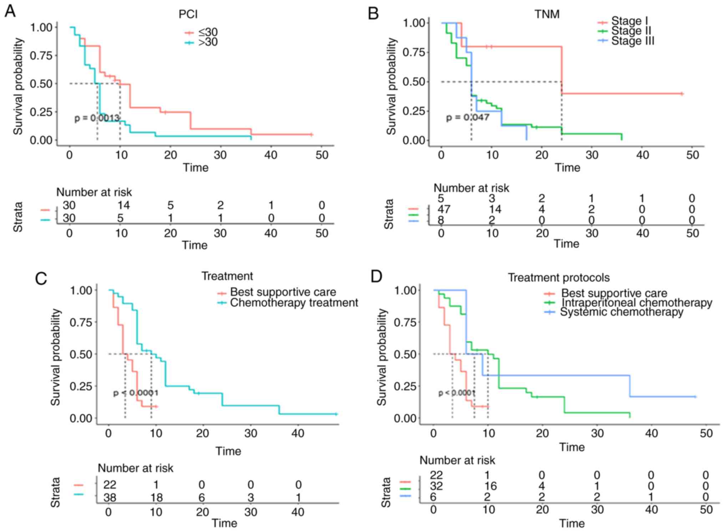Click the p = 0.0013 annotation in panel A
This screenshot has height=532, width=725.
97,118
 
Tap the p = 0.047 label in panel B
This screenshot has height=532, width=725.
467,117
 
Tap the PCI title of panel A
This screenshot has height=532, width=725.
188,14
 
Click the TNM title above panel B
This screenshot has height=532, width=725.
547,14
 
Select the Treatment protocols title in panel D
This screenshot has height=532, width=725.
558,277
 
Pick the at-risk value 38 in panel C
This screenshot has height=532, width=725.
110,497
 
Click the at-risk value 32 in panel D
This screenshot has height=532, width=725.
436,486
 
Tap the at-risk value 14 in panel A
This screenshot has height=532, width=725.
123,205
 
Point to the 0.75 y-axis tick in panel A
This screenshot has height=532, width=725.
41,56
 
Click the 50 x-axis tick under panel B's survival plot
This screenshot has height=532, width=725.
692,155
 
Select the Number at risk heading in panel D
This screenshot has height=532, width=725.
457,460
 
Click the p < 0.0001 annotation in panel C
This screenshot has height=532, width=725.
136,393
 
